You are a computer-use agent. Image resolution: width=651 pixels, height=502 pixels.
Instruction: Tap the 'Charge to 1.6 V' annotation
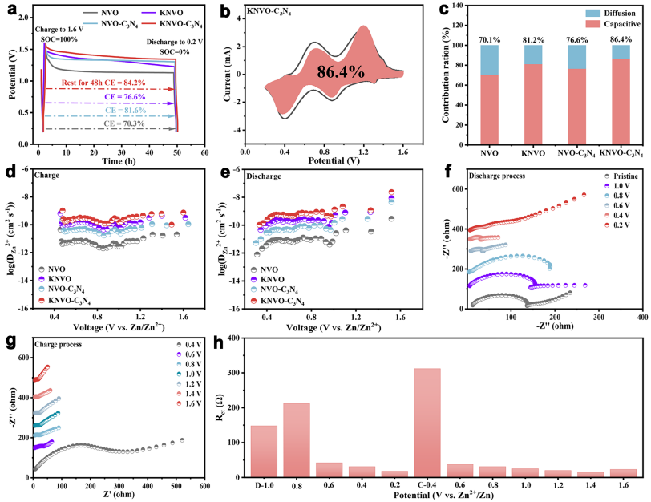pos(59,30)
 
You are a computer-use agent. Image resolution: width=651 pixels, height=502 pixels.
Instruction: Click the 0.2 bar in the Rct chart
pos(395,476)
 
